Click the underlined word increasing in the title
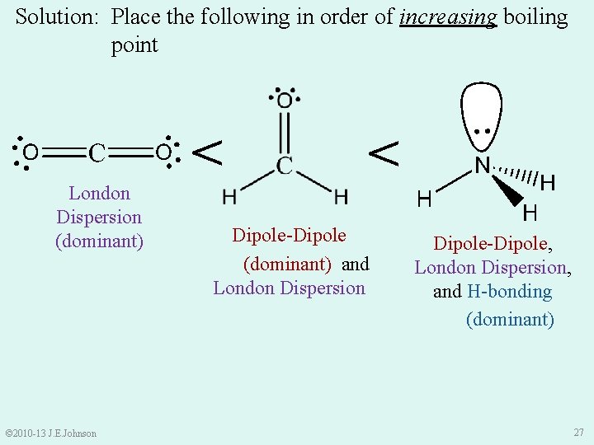point(448,17)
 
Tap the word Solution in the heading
point(56,17)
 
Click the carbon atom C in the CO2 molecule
point(97,152)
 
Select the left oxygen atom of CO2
point(30,152)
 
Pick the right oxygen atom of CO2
point(163,152)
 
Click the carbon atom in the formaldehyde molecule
point(285,165)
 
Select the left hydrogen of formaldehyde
point(229,197)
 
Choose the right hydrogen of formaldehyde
point(341,197)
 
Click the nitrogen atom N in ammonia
point(483,166)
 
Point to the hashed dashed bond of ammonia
point(518,175)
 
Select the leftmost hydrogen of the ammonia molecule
point(425,199)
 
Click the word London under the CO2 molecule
point(99,194)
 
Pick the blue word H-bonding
point(509,292)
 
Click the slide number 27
point(577,433)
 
